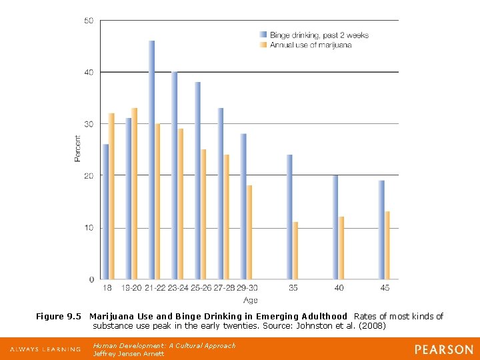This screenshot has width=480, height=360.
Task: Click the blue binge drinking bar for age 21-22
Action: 152,160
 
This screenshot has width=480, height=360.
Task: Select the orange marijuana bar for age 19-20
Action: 135,193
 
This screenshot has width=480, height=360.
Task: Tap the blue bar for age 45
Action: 381,229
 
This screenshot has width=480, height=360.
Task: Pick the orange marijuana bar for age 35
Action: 295,250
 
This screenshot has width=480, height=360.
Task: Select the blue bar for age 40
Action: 335,227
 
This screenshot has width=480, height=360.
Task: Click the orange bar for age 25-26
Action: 203,214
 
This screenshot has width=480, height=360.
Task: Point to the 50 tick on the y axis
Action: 89,21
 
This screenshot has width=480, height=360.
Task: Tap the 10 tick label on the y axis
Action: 89,228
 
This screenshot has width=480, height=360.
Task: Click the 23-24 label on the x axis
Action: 177,287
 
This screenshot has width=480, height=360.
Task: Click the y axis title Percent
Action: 77,149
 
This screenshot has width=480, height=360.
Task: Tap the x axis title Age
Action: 250,301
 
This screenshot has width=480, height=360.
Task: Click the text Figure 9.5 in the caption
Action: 58,316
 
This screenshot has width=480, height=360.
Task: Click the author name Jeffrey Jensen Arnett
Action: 129,353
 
